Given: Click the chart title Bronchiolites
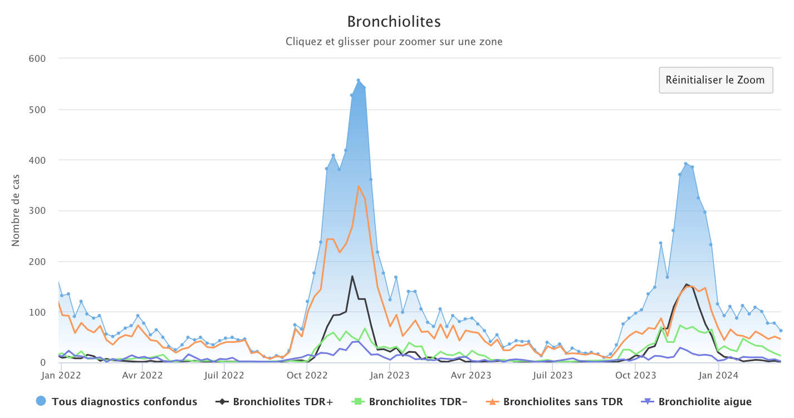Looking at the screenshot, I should click(394, 22).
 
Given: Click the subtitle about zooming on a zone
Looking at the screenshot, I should click(394, 42).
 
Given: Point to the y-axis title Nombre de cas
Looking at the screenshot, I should click(16, 210).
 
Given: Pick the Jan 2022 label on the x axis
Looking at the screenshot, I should click(61, 375).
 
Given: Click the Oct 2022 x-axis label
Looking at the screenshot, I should click(307, 375).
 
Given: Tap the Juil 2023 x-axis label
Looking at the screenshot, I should click(553, 375).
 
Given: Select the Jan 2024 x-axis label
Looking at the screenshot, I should click(718, 375).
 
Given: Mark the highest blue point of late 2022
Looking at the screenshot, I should click(358, 80).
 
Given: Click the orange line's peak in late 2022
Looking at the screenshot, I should click(359, 186).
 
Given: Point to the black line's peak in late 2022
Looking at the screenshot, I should click(352, 276).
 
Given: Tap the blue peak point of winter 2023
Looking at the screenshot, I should click(686, 164).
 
